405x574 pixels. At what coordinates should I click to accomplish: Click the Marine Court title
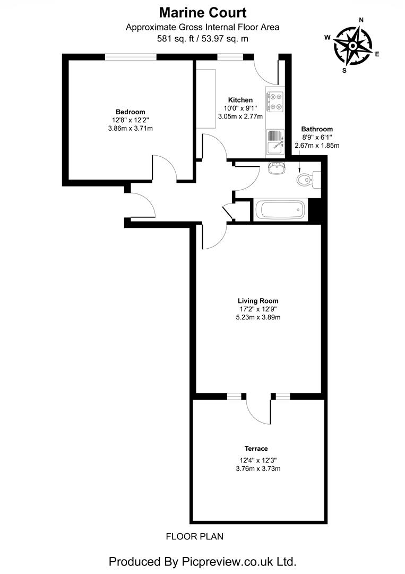202,12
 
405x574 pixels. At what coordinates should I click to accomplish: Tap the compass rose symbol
352,46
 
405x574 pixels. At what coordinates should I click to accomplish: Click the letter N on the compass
361,20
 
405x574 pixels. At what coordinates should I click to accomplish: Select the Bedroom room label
130,112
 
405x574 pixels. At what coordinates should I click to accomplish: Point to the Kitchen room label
240,100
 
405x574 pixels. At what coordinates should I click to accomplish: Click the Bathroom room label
317,129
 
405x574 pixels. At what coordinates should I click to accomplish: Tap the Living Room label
258,301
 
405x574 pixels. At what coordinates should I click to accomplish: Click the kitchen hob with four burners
275,102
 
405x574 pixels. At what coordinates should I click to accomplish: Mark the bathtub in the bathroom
280,210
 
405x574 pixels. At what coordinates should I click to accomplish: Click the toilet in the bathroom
307,180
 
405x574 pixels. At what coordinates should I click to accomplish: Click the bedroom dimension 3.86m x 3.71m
130,128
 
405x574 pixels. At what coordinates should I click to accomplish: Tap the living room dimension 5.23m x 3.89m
258,317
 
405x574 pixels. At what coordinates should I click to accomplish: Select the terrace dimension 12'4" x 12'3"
258,460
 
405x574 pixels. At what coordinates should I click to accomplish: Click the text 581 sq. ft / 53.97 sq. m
202,38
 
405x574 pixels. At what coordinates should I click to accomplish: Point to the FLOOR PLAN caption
195,536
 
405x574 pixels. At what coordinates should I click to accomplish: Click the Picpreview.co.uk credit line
202,561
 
